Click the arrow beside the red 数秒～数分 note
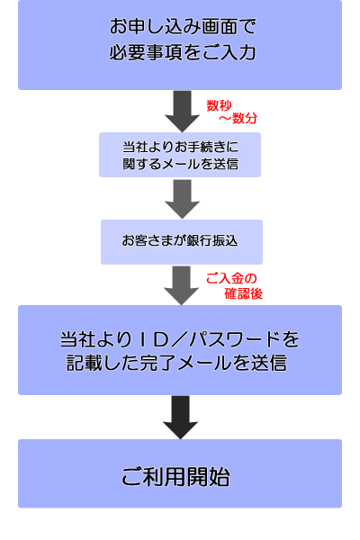[x=182, y=111]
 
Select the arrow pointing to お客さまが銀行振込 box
[x=182, y=199]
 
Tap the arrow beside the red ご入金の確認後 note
[x=181, y=285]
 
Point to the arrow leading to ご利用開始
[x=181, y=417]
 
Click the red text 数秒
[x=219, y=105]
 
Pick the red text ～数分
[x=238, y=118]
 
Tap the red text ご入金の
[x=231, y=278]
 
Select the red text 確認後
[x=244, y=293]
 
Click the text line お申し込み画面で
[x=183, y=26]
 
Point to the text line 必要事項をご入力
[x=183, y=53]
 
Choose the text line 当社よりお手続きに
[x=181, y=147]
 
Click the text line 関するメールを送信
[x=181, y=164]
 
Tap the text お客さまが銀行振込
[x=180, y=240]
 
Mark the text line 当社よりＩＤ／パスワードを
[x=180, y=339]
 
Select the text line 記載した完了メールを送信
[x=176, y=363]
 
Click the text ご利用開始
[x=175, y=477]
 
